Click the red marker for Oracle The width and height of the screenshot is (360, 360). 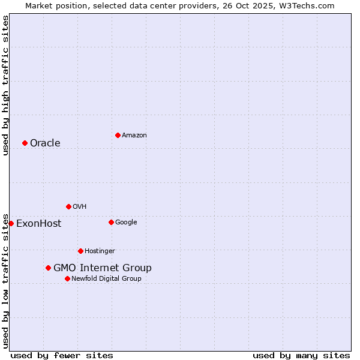pos(25,143)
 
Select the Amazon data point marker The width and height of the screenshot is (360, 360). pos(118,135)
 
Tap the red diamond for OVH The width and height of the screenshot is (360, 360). pos(68,206)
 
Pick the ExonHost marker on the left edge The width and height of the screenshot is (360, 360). pos(11,223)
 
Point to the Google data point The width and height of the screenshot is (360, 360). pos(111,222)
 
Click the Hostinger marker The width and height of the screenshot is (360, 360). pos(80,251)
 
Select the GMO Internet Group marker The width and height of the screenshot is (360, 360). pos(48,268)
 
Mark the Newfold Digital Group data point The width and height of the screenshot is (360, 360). pos(67,278)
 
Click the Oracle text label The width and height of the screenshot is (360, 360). pos(45,143)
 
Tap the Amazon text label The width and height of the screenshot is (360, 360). pos(134,135)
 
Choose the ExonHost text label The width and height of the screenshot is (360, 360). pos(38,223)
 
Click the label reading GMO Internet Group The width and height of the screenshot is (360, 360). pos(103,268)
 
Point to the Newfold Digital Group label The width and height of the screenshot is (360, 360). pos(106,278)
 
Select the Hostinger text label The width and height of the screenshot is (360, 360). pos(100,251)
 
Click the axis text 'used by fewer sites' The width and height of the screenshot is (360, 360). pos(62,355)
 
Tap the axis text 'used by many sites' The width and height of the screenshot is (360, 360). pos(301,355)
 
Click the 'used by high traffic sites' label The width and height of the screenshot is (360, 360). pos(5,85)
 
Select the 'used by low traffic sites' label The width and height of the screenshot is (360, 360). pos(5,280)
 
